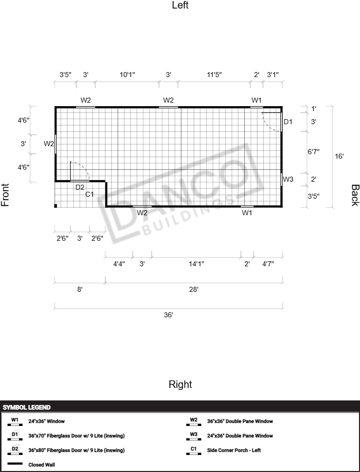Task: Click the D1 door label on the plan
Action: pos(288,122)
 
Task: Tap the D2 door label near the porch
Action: pos(80,187)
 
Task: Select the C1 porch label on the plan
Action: pos(90,195)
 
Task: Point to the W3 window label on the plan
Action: pos(288,179)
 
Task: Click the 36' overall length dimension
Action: pos(169,315)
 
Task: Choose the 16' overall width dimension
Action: pos(339,156)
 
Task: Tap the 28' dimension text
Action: pos(194,289)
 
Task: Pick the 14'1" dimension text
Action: pos(197,264)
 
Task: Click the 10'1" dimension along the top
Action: pos(127,75)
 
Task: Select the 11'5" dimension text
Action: pos(214,75)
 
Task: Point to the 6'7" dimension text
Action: pos(313,152)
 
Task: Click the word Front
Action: pos(5,195)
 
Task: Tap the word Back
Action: pos(355,195)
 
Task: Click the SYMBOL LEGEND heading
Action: pos(27,407)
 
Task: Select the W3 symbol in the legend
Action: pos(194,436)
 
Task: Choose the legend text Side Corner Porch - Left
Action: pos(234,450)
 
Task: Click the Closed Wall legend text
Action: pos(42,465)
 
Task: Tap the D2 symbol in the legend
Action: pos(15,451)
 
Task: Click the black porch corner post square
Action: pos(56,206)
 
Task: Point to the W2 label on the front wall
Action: pos(49,144)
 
